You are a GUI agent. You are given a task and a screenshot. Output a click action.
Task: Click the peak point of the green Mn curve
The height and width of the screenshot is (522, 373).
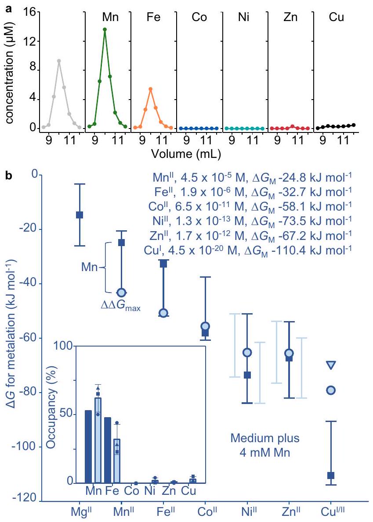[x=105, y=29]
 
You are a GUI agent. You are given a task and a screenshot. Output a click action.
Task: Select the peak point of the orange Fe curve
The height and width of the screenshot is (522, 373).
[x=151, y=89]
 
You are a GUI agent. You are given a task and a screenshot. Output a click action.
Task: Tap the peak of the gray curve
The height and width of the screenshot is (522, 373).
[x=58, y=61]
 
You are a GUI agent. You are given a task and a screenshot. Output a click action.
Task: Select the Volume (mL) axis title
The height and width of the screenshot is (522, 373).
[x=185, y=154]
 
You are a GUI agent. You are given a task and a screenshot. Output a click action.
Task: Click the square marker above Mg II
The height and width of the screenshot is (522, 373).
[x=80, y=215]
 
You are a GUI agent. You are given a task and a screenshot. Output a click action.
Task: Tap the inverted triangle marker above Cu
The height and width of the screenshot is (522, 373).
[x=331, y=365]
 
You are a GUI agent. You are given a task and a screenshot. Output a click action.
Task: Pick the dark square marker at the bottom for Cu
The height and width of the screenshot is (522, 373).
[x=331, y=476]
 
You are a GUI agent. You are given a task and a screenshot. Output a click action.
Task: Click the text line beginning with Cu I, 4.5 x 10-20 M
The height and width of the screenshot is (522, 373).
[x=248, y=250]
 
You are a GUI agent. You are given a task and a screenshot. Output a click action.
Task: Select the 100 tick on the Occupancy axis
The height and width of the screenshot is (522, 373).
[x=62, y=346]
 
